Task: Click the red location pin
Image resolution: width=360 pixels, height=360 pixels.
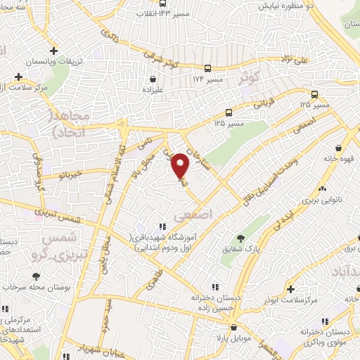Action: (x=181, y=165)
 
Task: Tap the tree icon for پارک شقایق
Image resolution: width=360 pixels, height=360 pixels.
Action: (x=241, y=238)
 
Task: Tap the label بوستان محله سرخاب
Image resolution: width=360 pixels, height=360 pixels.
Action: (x=35, y=288)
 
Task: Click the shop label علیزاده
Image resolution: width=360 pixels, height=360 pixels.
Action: (x=153, y=90)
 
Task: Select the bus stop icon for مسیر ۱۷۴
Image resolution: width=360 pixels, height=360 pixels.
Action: (x=207, y=69)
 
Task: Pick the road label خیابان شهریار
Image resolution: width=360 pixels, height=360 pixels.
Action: (x=107, y=349)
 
